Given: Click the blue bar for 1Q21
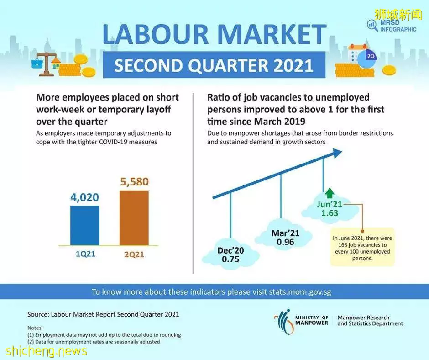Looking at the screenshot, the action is click(x=85, y=225).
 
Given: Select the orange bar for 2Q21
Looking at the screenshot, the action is click(x=134, y=217).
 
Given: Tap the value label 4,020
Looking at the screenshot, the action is click(x=84, y=197).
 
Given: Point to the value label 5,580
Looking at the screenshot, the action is click(x=134, y=182).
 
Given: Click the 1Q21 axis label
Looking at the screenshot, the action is click(x=85, y=254).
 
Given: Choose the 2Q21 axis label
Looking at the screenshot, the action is click(x=134, y=254).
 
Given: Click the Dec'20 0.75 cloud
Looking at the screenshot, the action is click(x=230, y=254).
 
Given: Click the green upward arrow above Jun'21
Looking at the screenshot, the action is click(x=330, y=193).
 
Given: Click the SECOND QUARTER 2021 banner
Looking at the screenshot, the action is click(x=214, y=65).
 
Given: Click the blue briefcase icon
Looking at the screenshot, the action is click(x=37, y=64).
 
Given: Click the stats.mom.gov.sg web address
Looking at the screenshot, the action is click(x=300, y=292).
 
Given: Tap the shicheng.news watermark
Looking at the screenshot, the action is click(x=46, y=351).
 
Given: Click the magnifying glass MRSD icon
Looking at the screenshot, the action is click(x=372, y=25).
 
